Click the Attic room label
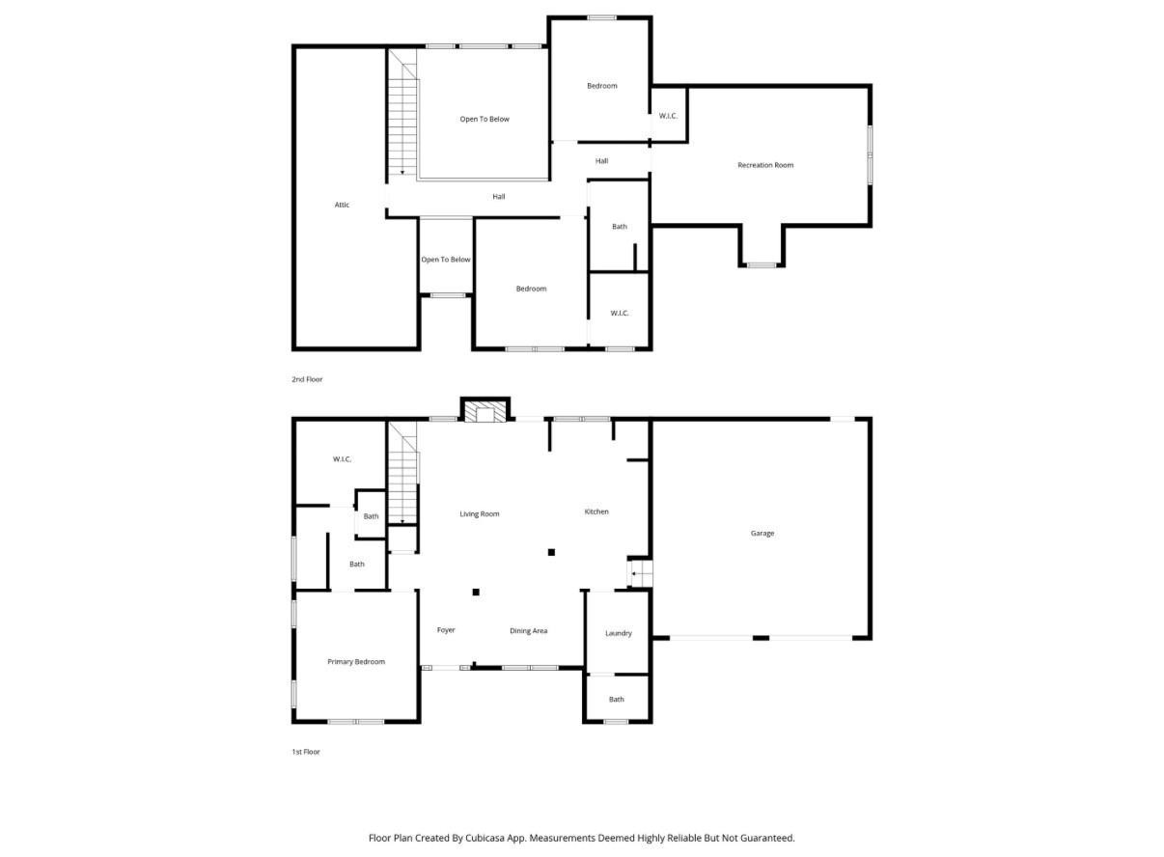click(x=342, y=205)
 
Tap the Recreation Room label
click(x=765, y=165)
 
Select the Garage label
click(x=762, y=533)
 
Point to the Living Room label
click(x=479, y=514)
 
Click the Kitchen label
click(x=596, y=511)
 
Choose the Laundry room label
click(x=619, y=633)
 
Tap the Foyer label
click(x=446, y=630)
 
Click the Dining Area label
click(x=528, y=631)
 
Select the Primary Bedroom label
click(x=356, y=662)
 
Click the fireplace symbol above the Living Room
click(x=485, y=412)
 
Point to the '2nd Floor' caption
click(x=307, y=379)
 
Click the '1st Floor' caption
click(x=306, y=752)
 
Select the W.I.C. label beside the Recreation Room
click(x=668, y=116)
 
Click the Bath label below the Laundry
click(x=617, y=700)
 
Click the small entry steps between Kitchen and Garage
click(x=640, y=573)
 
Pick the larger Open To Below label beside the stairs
click(x=485, y=120)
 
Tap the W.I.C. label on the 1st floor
click(x=342, y=459)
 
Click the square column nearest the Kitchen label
click(x=551, y=552)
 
